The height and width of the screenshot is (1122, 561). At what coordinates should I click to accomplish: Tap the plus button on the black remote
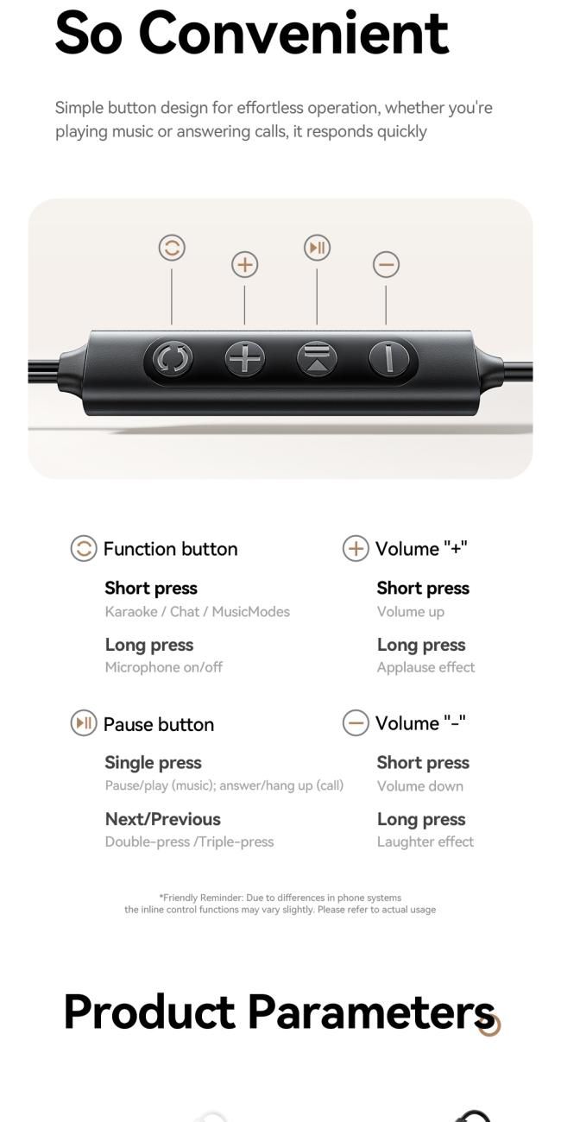(245, 358)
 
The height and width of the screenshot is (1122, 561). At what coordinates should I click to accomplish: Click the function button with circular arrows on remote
(173, 358)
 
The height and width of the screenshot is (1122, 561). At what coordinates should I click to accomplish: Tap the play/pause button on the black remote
(317, 358)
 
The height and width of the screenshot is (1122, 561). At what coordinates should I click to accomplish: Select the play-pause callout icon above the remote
(317, 249)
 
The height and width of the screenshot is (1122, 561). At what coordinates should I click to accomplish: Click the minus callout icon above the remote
(386, 265)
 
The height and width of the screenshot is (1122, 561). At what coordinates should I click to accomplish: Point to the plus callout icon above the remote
(245, 265)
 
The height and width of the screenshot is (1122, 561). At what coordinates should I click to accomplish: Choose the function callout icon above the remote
(172, 249)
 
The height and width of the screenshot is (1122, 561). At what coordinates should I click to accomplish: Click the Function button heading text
(170, 549)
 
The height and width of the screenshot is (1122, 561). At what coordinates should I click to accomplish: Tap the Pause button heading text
(158, 724)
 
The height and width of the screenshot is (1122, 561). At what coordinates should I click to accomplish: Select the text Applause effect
(425, 667)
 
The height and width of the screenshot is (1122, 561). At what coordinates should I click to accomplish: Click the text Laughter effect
(425, 841)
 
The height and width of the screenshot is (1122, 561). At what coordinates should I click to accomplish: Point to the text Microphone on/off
(163, 667)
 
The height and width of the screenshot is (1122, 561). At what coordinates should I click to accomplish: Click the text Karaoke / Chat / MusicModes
(197, 612)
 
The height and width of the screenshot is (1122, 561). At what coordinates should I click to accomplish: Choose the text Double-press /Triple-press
(189, 841)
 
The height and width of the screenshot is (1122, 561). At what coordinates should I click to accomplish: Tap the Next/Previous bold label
(162, 819)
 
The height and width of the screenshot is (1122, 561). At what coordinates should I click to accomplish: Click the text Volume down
(419, 786)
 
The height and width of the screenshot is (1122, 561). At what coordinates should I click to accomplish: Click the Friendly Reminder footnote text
(280, 904)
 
